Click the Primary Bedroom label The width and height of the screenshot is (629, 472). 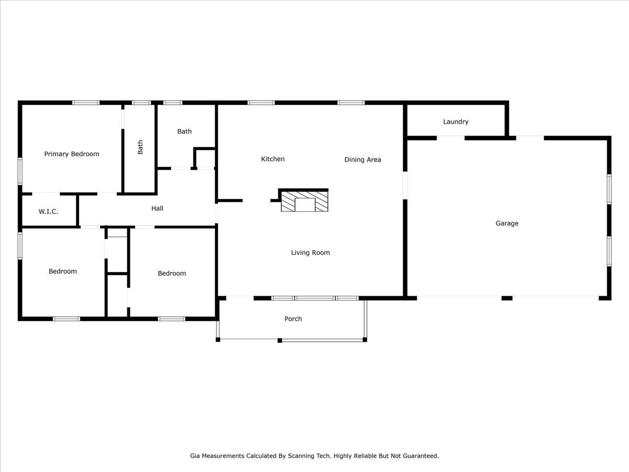click(x=71, y=154)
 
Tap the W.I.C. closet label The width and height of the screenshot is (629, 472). click(x=48, y=211)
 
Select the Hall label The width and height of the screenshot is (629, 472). click(x=157, y=208)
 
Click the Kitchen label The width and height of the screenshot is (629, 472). click(x=273, y=159)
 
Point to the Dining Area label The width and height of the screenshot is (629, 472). click(x=362, y=159)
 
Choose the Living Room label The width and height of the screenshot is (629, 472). click(x=310, y=252)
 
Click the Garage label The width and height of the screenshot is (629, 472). click(x=507, y=223)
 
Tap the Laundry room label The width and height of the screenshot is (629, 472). click(x=456, y=121)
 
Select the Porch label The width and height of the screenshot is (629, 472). click(x=293, y=318)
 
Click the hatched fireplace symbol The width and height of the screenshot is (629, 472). click(x=305, y=201)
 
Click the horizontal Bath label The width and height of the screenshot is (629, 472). click(x=184, y=131)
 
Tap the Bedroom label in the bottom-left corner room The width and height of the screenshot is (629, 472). click(x=62, y=271)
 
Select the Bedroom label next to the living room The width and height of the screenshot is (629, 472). click(x=171, y=273)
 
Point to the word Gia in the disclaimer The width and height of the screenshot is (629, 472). click(x=195, y=456)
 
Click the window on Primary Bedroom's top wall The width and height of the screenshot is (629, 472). click(x=85, y=103)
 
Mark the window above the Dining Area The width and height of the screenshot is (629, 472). click(x=351, y=103)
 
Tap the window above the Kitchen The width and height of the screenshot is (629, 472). click(x=261, y=103)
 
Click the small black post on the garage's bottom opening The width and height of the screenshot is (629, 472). click(x=506, y=298)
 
